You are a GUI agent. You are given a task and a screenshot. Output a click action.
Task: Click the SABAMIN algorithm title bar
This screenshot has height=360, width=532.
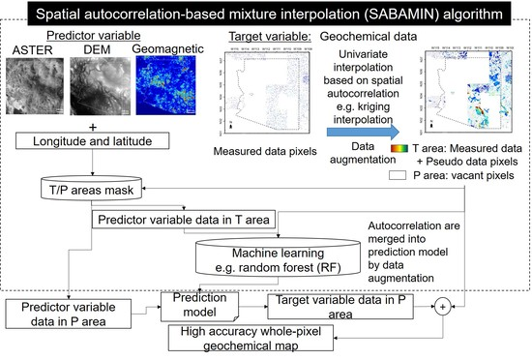click(265, 16)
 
